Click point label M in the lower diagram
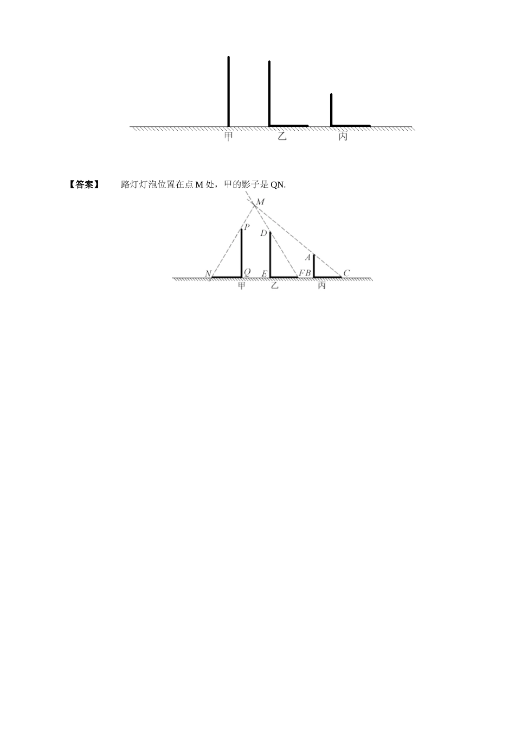click(260, 202)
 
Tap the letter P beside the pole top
click(247, 227)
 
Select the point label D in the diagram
click(263, 233)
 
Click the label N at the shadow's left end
click(208, 273)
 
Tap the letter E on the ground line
click(265, 273)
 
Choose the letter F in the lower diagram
click(301, 273)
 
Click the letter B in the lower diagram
click(308, 273)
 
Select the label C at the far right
click(346, 273)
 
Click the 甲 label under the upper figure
click(228, 137)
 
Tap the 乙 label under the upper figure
click(282, 137)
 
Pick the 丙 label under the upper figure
click(343, 137)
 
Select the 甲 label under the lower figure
click(242, 285)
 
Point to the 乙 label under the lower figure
click(275, 285)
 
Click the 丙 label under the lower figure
click(322, 285)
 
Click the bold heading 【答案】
click(84, 185)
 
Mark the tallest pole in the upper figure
click(228, 91)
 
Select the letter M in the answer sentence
click(198, 185)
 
